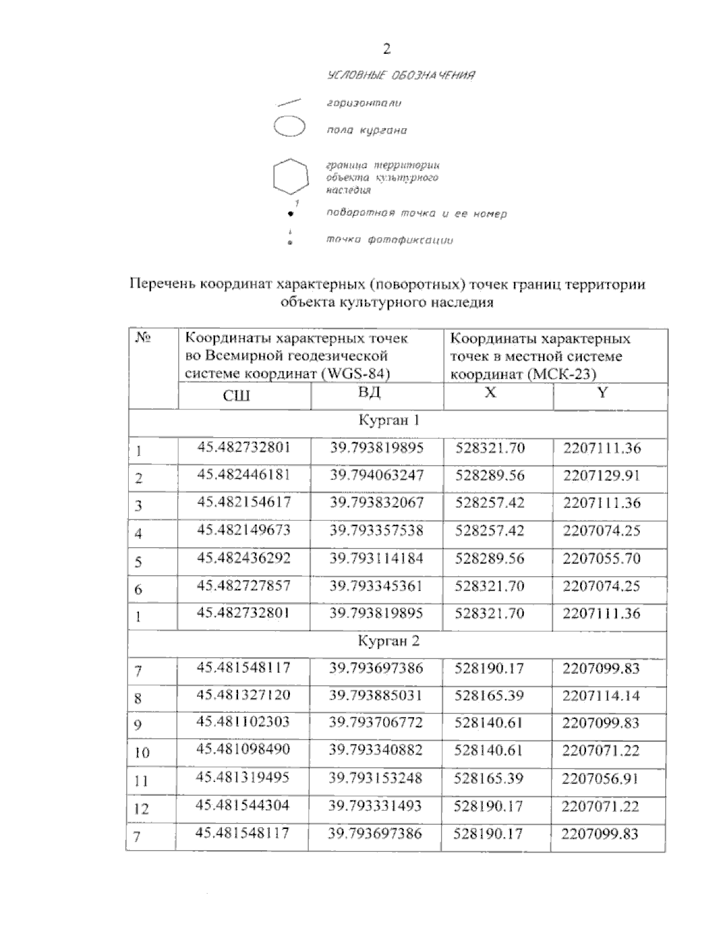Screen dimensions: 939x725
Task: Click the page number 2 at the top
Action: click(387, 49)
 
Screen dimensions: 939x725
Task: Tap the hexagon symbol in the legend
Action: click(291, 177)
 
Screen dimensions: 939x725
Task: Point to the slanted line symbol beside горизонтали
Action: click(289, 102)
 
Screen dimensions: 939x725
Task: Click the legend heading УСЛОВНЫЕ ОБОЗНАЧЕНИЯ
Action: click(401, 76)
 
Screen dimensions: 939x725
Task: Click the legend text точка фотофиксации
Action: click(390, 240)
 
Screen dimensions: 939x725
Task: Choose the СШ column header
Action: click(236, 396)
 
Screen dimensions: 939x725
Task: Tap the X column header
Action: click(491, 392)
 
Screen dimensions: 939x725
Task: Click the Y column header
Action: click(602, 392)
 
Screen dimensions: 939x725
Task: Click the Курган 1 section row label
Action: click(388, 420)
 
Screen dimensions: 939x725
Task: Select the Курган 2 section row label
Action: click(388, 641)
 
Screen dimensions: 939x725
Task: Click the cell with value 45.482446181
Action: click(243, 475)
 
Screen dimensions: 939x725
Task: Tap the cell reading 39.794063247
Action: click(376, 475)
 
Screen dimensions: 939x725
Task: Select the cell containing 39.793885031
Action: click(376, 695)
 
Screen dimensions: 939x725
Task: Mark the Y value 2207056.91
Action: click(601, 778)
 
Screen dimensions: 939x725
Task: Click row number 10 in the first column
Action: click(142, 753)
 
